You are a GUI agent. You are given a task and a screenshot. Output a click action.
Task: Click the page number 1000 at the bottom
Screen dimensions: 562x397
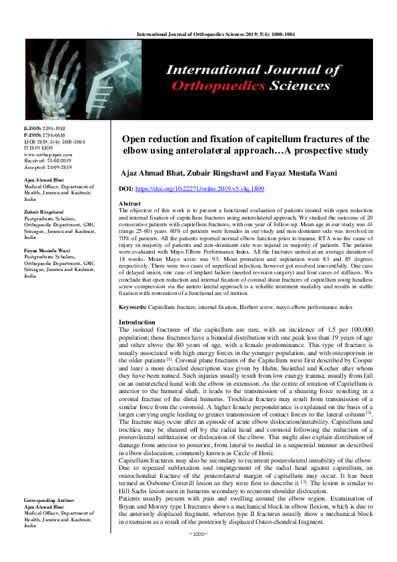tap(199, 553)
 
